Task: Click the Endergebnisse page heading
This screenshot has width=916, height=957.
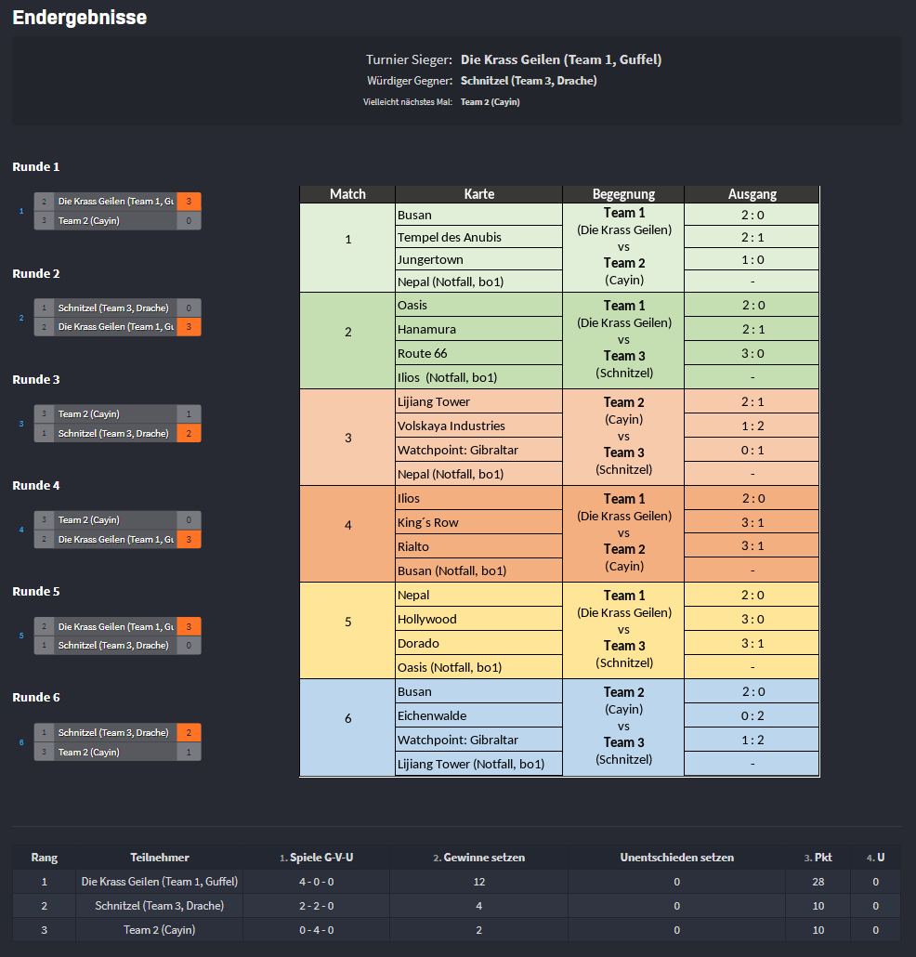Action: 80,18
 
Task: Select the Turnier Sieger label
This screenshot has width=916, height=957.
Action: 409,59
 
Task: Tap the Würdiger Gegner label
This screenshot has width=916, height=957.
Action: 410,81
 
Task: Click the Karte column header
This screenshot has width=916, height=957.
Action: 478,194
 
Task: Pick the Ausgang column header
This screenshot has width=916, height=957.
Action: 752,194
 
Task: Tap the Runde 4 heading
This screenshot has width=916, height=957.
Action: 36,486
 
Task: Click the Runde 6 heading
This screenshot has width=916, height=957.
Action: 36,698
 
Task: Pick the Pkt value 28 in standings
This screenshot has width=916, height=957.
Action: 817,881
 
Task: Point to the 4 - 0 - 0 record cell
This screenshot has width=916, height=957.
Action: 317,881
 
